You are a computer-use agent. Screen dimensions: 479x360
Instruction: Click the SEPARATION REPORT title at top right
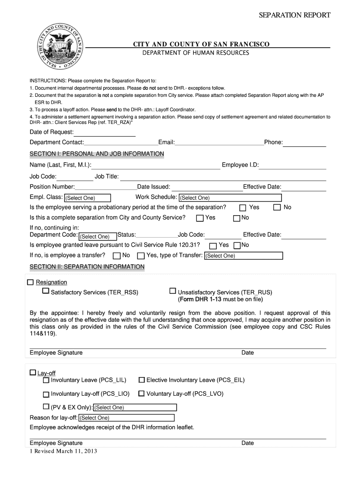[x=295, y=15]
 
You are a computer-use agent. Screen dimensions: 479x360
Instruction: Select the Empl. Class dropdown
[x=87, y=198]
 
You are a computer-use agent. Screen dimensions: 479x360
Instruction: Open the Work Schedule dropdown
[x=230, y=198]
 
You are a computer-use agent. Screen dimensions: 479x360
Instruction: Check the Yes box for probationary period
[x=243, y=207]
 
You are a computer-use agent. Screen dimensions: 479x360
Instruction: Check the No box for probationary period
[x=277, y=207]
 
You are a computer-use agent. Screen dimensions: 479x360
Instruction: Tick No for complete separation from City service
[x=237, y=218]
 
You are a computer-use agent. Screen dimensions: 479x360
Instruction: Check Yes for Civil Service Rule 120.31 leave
[x=213, y=246]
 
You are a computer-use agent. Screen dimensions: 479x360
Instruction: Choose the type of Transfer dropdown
[x=243, y=256]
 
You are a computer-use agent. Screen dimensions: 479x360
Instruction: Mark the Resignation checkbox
[x=31, y=283]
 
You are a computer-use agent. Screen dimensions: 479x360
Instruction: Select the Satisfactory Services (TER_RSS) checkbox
[x=45, y=291]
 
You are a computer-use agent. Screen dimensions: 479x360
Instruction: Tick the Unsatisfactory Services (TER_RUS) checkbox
[x=173, y=291]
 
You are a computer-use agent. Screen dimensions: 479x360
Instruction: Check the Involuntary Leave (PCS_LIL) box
[x=46, y=380]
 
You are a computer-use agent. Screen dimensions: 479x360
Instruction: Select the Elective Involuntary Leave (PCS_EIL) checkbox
[x=142, y=380]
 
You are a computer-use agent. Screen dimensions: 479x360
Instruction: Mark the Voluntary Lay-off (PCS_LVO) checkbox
[x=141, y=394]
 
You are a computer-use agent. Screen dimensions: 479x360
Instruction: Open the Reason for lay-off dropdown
[x=126, y=418]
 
